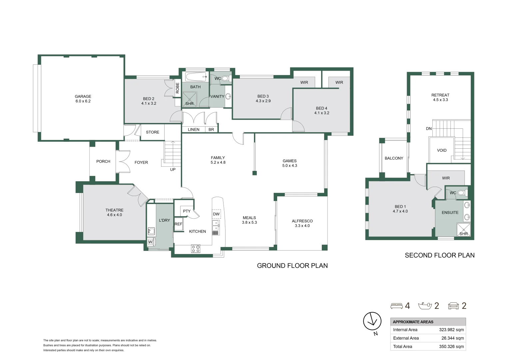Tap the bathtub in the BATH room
[x=197, y=77]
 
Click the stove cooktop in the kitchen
[x=196, y=248]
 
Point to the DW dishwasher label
[x=216, y=214]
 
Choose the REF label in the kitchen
[x=178, y=224]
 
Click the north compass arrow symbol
[x=372, y=322]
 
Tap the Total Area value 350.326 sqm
[x=451, y=346]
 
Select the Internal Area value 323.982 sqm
[x=451, y=330]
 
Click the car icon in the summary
[x=453, y=306]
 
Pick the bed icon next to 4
[x=396, y=306]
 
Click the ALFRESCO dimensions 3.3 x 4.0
[x=302, y=226]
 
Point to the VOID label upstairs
[x=441, y=150]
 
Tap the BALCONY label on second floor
[x=394, y=158]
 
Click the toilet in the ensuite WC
[x=461, y=193]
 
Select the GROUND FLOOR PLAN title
[x=292, y=266]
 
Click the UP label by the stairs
[x=173, y=169]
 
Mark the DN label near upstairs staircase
[x=428, y=129]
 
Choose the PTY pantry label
[x=187, y=211]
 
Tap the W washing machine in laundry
[x=150, y=242]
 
